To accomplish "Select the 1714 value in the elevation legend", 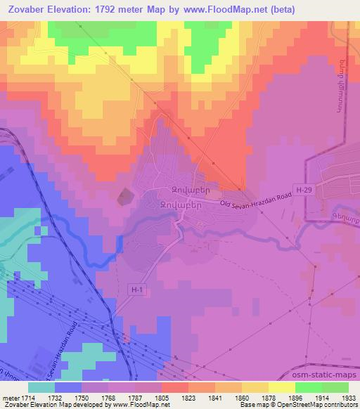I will click(27, 398).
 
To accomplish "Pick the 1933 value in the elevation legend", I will click(338, 398).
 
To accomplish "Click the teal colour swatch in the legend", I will click(41, 387).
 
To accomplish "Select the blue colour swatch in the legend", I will click(68, 387).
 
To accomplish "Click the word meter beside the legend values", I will click(10, 398).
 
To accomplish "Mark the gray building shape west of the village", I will click(124, 196).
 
